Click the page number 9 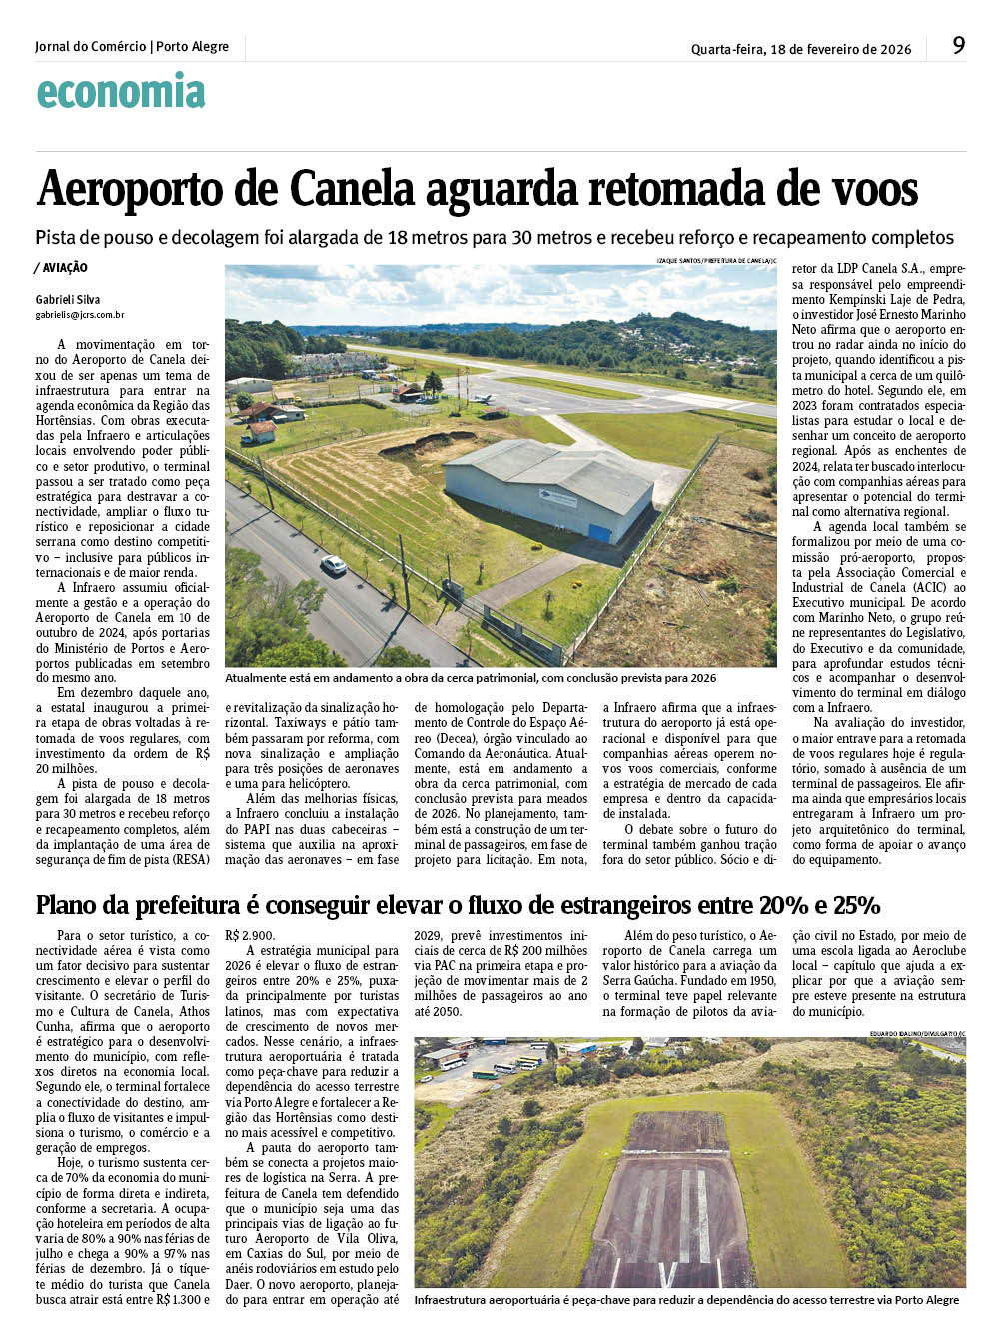coord(958,45)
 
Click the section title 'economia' coord(121,92)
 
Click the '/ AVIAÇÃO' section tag coord(61,268)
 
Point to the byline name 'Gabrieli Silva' coord(68,299)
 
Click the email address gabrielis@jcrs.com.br coord(80,315)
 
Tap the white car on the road coord(333,565)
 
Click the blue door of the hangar coord(599,532)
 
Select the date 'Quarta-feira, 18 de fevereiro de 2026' coord(800,49)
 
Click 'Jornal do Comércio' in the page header coord(90,47)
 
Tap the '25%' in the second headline coord(857,906)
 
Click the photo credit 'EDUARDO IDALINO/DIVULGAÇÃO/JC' coord(917,1032)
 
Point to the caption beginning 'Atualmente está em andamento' coord(470,678)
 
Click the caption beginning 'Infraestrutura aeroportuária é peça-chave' coord(685,1300)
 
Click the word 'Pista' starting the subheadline coord(57,238)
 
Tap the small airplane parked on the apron coord(484,398)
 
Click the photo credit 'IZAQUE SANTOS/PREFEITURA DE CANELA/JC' coord(716,260)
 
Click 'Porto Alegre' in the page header coord(193,47)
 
